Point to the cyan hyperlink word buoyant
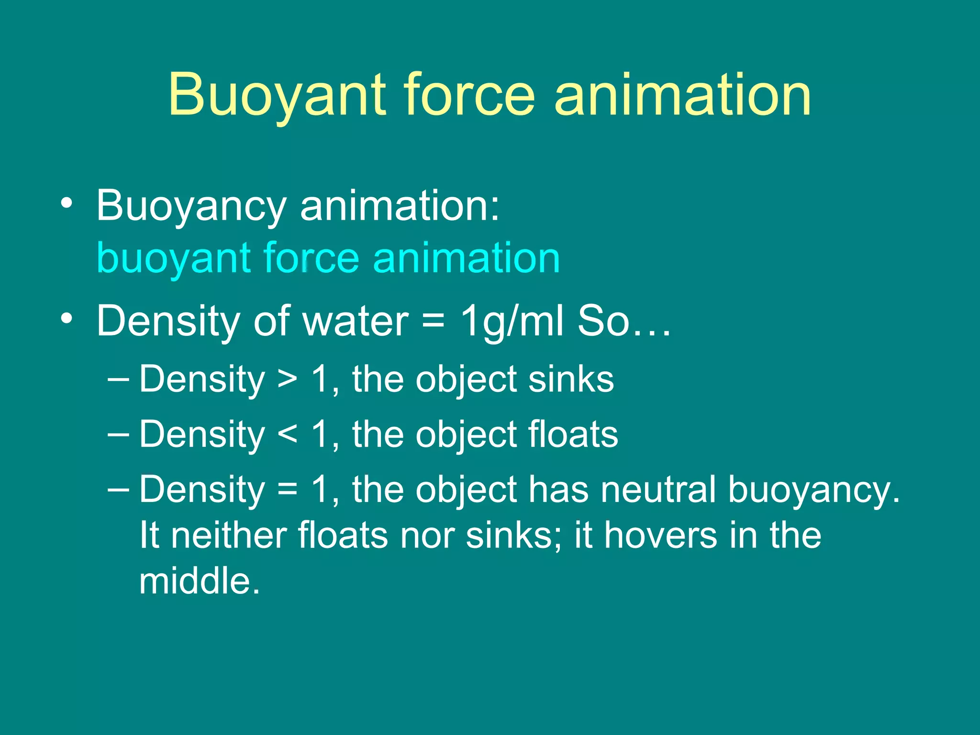pyautogui.click(x=174, y=259)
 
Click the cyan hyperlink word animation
pyautogui.click(x=466, y=259)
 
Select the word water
pyautogui.click(x=356, y=321)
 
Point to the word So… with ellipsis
pyautogui.click(x=624, y=321)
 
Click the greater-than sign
pyautogui.click(x=288, y=380)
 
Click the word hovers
pyautogui.click(x=661, y=535)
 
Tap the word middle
pyautogui.click(x=200, y=581)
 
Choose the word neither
pyautogui.click(x=228, y=535)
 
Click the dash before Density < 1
pyautogui.click(x=118, y=434)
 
